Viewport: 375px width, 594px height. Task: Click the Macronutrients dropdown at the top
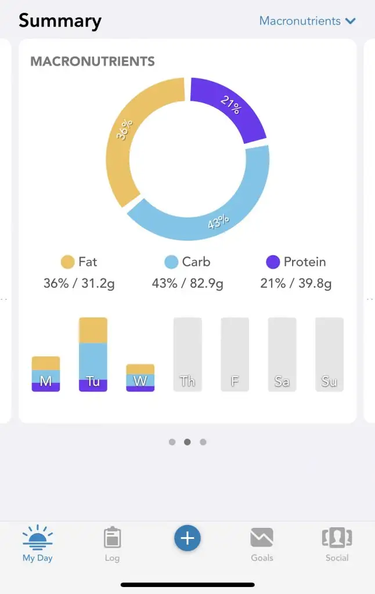307,21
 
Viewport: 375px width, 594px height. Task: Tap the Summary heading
60,21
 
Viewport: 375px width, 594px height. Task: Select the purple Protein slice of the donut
232,107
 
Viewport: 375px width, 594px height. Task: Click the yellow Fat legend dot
68,262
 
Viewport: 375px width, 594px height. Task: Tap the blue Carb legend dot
171,262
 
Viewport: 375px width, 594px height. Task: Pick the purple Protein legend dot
273,262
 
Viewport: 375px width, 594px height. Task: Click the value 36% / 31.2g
79,284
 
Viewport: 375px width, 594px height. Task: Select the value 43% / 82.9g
187,284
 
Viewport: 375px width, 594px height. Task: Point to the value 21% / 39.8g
296,284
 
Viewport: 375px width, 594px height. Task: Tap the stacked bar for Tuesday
93,354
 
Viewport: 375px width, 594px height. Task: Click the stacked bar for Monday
46,374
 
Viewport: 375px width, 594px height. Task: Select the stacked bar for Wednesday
140,378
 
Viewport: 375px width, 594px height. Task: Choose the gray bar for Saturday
282,354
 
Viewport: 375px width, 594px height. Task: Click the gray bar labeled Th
187,354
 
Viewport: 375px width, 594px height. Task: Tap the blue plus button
187,538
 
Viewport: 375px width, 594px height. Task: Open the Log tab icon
112,538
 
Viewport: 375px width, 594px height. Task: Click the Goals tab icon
262,538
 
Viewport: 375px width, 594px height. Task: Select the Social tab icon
337,538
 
